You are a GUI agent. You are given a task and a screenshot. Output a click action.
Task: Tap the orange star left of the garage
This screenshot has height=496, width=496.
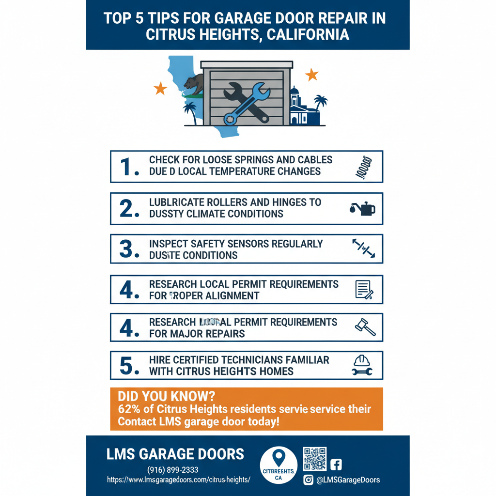160,89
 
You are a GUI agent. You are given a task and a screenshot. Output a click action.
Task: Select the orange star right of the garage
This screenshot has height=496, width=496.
311,75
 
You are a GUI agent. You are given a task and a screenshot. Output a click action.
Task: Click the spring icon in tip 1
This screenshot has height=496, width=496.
363,167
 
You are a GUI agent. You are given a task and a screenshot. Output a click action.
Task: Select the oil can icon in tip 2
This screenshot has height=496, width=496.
362,209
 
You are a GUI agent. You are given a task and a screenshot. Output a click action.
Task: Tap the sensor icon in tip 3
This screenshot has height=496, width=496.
363,249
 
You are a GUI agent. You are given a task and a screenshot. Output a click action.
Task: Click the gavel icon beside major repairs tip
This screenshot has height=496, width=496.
366,327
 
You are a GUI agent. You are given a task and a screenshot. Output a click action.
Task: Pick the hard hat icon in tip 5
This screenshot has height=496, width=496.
362,361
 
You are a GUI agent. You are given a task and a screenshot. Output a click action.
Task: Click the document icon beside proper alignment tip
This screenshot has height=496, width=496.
363,289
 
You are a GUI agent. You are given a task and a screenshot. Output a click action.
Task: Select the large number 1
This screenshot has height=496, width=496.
129,167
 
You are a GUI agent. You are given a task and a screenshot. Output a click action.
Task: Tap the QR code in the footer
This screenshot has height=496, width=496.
314,459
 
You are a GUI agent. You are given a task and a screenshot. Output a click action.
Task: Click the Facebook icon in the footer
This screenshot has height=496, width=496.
336,465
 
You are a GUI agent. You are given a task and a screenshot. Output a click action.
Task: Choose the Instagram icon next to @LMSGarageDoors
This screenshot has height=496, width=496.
308,480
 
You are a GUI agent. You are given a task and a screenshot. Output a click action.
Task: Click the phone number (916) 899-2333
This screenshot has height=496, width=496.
172,469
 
